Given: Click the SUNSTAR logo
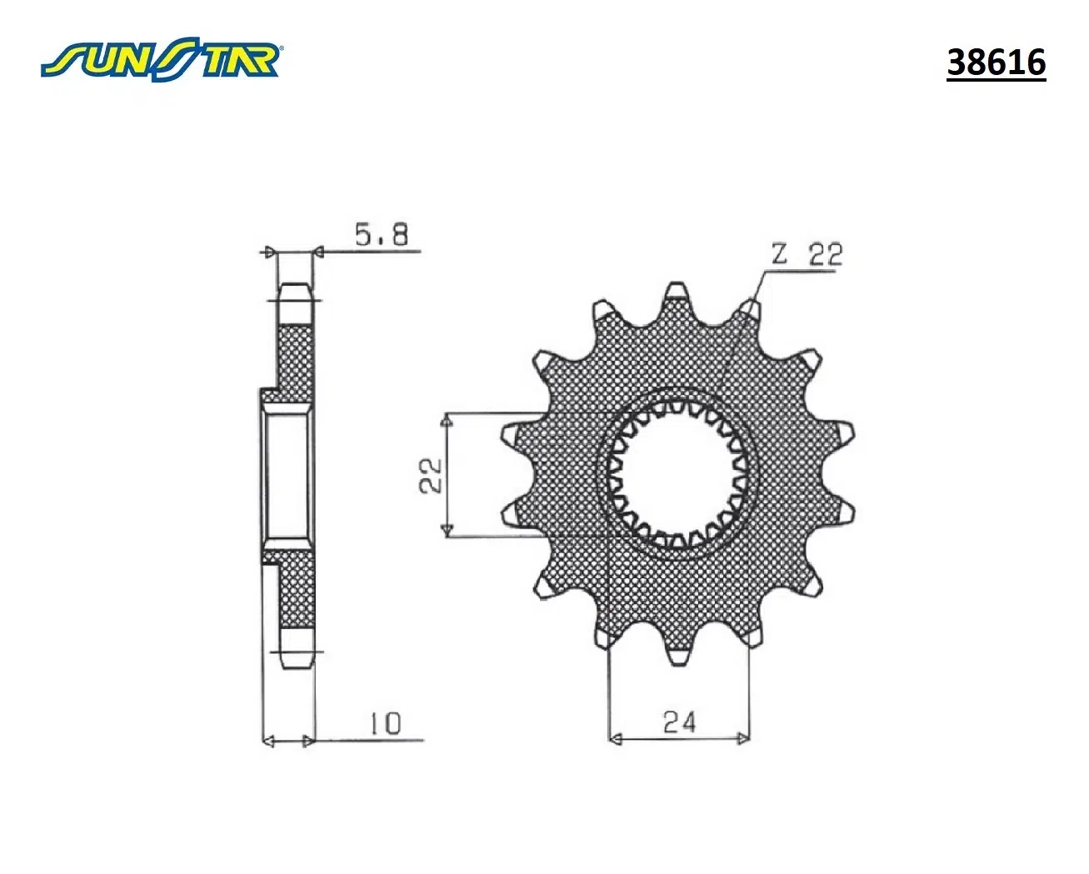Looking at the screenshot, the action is (162, 60).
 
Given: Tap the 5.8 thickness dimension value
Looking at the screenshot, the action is (381, 234).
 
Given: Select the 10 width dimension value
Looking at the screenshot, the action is (386, 724).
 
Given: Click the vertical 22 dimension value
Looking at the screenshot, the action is (431, 475).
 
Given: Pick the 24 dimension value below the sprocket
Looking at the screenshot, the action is (680, 722).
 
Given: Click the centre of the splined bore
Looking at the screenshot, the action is (677, 475).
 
